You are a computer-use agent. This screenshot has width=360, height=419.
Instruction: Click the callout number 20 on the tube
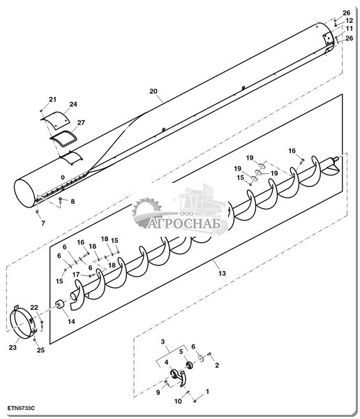click(153, 91)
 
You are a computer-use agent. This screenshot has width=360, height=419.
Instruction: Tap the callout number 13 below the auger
click(222, 273)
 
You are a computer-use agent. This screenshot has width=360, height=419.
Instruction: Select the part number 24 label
click(73, 104)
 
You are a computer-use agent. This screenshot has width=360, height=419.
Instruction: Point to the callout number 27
click(81, 122)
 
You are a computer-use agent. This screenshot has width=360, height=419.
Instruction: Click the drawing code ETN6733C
click(21, 409)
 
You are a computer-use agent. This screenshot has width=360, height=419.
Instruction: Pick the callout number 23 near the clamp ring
click(13, 347)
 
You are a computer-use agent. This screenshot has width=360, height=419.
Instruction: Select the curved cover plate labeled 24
click(55, 120)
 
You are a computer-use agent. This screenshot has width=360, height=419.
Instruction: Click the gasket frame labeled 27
click(63, 138)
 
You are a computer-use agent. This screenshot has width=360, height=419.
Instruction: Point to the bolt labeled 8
click(61, 202)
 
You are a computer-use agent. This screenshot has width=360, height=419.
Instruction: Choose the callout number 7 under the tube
click(43, 223)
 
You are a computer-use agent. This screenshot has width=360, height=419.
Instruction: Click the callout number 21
click(52, 99)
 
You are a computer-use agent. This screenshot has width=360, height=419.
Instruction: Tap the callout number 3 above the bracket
click(163, 341)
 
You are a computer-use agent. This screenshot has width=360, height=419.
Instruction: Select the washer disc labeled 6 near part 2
click(201, 358)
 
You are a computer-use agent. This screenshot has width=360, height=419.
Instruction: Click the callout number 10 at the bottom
click(178, 401)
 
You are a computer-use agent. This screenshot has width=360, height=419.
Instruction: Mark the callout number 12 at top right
click(349, 20)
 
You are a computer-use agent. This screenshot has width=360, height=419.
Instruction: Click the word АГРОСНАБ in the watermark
click(184, 224)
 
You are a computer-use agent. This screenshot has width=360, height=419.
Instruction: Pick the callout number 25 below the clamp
click(40, 350)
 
